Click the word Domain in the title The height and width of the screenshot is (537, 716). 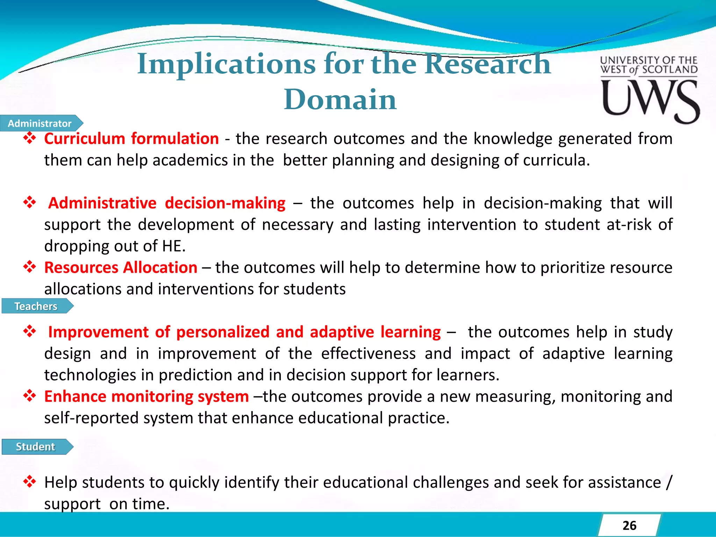click(340, 100)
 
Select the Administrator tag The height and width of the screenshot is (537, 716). click(40, 123)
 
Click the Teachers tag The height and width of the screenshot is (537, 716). click(36, 306)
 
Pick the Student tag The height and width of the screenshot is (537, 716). click(35, 447)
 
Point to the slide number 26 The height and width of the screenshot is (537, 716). click(629, 525)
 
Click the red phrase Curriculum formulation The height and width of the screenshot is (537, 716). click(131, 139)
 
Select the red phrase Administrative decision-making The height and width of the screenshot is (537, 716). click(167, 203)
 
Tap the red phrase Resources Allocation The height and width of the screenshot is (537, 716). click(121, 268)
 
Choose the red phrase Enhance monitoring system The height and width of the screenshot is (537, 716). click(146, 396)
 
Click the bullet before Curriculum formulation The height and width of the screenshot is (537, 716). click(30, 138)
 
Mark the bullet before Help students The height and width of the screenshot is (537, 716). click(30, 482)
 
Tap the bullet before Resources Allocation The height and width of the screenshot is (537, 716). click(30, 267)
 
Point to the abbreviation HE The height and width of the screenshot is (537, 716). click(173, 246)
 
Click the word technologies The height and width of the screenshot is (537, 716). click(90, 375)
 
